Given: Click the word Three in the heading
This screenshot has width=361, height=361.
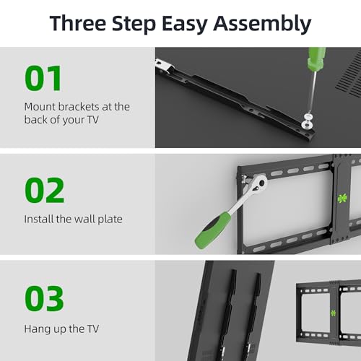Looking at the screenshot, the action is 78,23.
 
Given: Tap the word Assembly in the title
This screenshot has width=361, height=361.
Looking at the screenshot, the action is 262,24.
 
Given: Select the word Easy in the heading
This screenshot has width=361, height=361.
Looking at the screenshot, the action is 184,25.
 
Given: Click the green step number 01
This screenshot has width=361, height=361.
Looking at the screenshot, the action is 43,78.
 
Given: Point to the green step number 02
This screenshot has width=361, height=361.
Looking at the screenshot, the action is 45,190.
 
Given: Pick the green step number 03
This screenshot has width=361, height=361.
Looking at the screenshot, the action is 44,298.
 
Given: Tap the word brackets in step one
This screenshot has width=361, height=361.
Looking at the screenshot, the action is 79,107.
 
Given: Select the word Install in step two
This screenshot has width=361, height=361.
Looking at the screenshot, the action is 39,219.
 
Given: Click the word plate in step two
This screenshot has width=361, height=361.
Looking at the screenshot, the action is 110,219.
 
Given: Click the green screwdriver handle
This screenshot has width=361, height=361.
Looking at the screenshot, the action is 316,59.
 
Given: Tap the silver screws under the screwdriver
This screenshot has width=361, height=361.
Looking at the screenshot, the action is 307,121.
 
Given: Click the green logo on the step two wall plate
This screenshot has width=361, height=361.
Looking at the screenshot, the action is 342,199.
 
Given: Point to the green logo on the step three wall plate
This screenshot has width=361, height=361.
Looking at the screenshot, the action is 334,313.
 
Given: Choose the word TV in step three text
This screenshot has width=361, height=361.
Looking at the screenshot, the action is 93,329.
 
